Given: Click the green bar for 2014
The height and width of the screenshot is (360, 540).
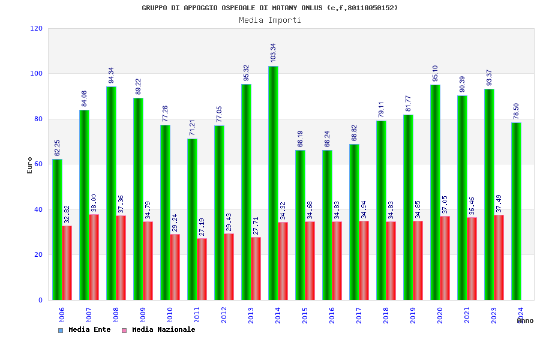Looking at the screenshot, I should pyautogui.click(x=273, y=183).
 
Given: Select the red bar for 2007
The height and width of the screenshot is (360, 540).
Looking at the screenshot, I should pyautogui.click(x=94, y=257).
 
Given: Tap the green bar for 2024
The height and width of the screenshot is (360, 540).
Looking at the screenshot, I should pyautogui.click(x=516, y=211).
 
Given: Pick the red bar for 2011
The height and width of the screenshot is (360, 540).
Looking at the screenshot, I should pyautogui.click(x=202, y=269).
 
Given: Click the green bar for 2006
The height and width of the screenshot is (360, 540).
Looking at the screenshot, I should pyautogui.click(x=57, y=229).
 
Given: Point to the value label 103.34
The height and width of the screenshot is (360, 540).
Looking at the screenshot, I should pyautogui.click(x=274, y=53).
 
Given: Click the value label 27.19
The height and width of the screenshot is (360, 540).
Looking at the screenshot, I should pyautogui.click(x=202, y=227).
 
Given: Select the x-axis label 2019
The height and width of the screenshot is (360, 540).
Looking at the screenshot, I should pyautogui.click(x=413, y=315).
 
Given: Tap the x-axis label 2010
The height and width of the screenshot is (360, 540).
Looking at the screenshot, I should pyautogui.click(x=170, y=315).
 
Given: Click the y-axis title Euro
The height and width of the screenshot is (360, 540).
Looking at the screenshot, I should pyautogui.click(x=30, y=165).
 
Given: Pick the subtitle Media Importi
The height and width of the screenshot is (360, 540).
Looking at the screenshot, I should pyautogui.click(x=270, y=20).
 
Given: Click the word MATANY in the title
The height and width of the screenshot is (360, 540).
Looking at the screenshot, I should pyautogui.click(x=294, y=8).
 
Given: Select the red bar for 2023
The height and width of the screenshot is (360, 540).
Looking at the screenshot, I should pyautogui.click(x=499, y=257).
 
